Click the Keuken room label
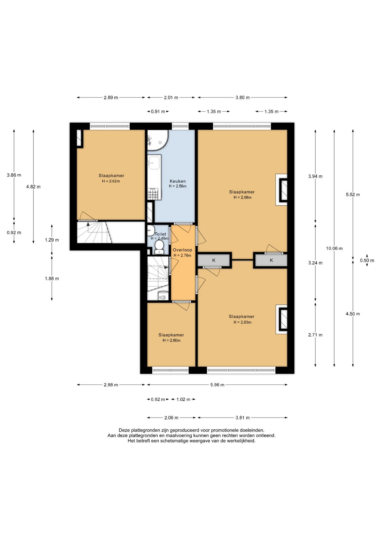[x=178, y=181]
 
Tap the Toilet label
[x=160, y=234]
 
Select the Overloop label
[x=182, y=250]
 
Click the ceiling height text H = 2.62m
[x=111, y=181]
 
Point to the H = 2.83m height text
[x=242, y=322]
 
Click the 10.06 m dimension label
[x=334, y=248]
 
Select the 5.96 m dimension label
[x=217, y=385]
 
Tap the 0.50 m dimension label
[x=367, y=261]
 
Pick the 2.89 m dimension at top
[x=111, y=97]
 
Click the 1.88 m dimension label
[x=52, y=278]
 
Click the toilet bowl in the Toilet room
[x=159, y=247]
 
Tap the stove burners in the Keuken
[x=153, y=194]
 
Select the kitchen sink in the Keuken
[x=154, y=163]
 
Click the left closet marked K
[x=214, y=260]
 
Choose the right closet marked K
[x=271, y=260]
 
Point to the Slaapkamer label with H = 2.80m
[x=171, y=335]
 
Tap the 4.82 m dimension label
[x=33, y=187]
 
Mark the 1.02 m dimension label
[x=183, y=399]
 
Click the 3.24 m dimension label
[x=315, y=263]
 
